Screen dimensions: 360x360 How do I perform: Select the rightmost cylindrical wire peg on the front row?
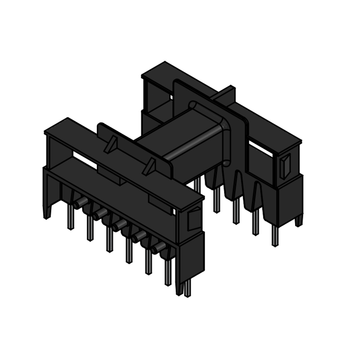[158, 248]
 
